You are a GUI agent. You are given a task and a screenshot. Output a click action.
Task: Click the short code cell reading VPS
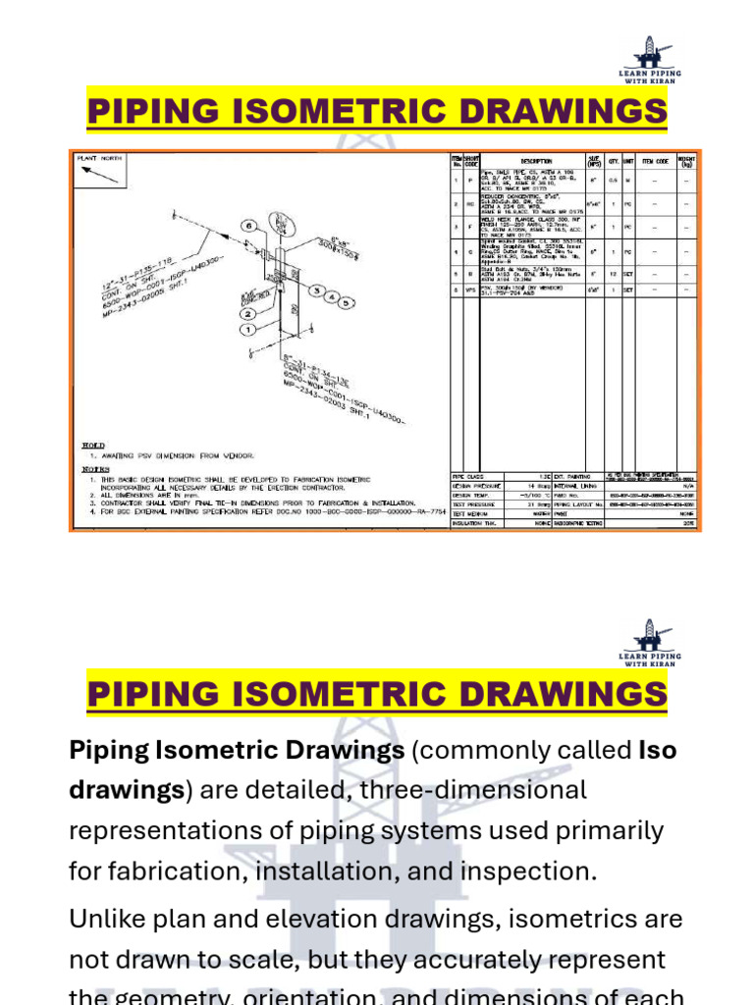click(x=471, y=291)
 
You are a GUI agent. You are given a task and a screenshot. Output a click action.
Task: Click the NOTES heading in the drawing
click(x=94, y=468)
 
